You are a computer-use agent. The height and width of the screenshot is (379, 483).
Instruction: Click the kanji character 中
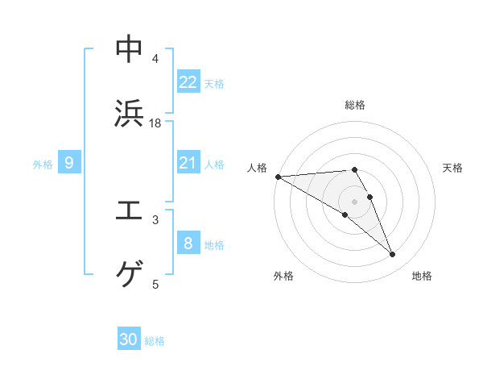click(x=129, y=49)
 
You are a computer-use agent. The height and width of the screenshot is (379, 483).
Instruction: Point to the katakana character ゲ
click(x=129, y=274)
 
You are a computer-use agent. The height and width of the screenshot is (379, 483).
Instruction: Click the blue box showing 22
click(x=188, y=82)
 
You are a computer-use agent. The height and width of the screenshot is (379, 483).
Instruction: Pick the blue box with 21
click(x=188, y=163)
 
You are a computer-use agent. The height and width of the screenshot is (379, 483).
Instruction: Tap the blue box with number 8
click(x=188, y=244)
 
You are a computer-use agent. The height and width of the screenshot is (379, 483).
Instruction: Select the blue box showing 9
click(x=69, y=163)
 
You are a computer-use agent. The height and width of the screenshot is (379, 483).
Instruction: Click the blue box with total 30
click(x=129, y=340)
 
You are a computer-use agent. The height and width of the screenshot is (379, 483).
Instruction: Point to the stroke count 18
click(x=155, y=123)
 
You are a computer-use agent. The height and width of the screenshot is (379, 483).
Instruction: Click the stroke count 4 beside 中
click(x=155, y=59)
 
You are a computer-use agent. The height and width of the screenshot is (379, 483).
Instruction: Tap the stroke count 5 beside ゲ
click(x=155, y=284)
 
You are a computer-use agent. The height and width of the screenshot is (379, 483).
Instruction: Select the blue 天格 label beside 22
click(x=214, y=83)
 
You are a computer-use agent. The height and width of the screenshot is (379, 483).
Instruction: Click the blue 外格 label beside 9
click(x=43, y=164)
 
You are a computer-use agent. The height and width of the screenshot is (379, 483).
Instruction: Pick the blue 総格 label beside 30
click(x=155, y=341)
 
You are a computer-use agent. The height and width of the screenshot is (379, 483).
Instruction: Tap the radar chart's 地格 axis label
click(x=422, y=276)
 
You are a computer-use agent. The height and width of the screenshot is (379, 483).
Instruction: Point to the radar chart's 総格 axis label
click(x=355, y=105)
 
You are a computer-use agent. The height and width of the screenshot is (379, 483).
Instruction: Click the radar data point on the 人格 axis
click(x=278, y=177)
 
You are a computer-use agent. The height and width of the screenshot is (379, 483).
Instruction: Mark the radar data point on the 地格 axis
click(x=393, y=255)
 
